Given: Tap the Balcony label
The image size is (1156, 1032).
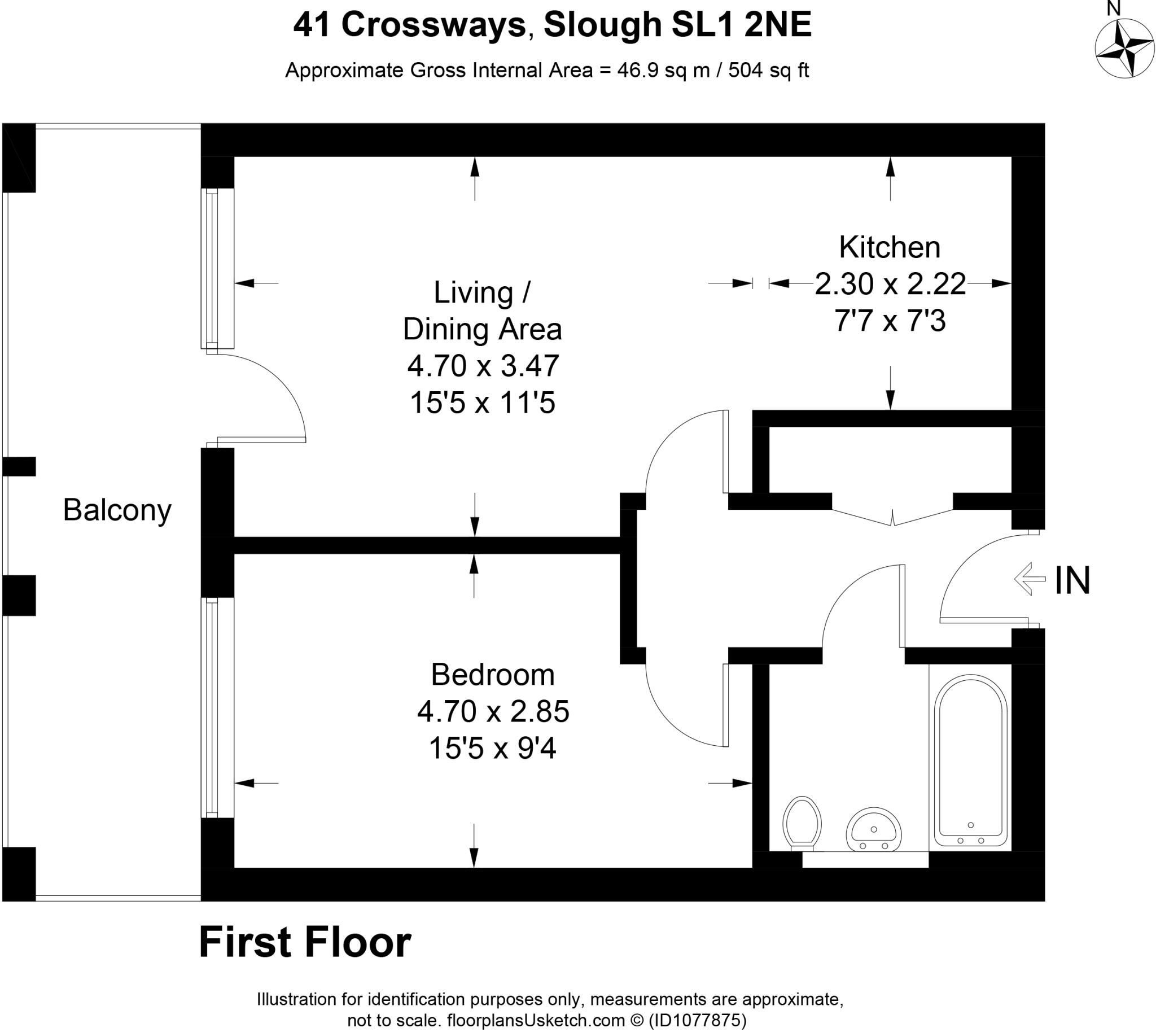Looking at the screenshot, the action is [117, 510].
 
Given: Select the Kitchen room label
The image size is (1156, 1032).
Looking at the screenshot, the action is [890, 247].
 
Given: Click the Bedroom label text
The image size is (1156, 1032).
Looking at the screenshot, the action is [492, 675].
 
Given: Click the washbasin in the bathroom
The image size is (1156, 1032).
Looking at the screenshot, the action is [874, 829].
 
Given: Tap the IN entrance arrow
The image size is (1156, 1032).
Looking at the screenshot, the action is [1030, 578].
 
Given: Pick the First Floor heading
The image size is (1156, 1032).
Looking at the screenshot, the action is [305, 942].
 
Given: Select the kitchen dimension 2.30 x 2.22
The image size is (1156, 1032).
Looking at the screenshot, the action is [890, 283].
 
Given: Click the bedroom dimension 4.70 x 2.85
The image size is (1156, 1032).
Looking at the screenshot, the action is [493, 711].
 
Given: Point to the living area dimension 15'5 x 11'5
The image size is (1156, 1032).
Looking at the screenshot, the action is [483, 403].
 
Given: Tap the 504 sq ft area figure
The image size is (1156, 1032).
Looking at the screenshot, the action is [768, 71].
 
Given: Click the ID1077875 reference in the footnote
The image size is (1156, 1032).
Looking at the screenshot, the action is [697, 1020].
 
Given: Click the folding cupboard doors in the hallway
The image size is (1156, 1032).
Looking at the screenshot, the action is [892, 517].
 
